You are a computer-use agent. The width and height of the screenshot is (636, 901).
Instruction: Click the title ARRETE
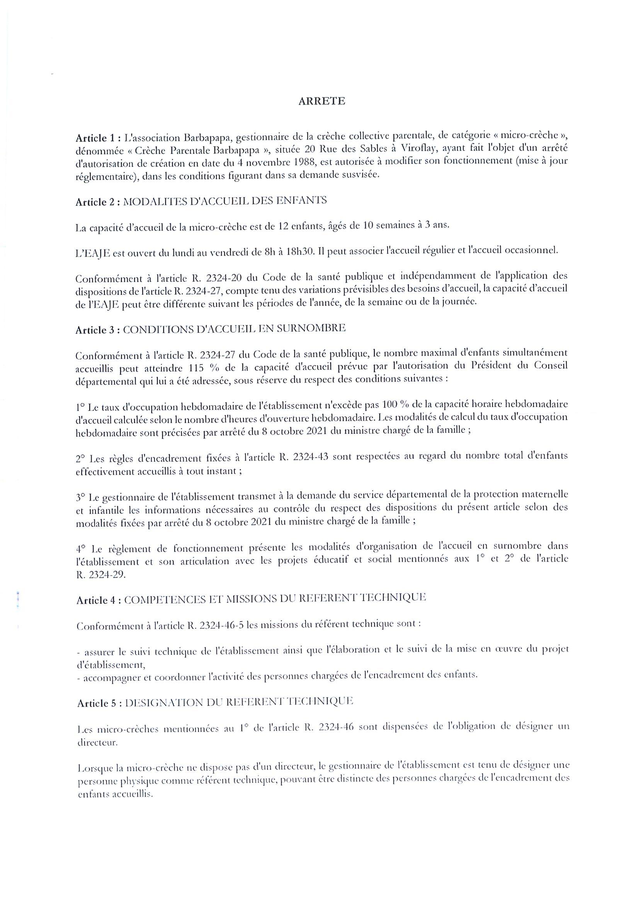point(322,101)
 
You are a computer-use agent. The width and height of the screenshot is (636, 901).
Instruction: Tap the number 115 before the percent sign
point(196,366)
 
